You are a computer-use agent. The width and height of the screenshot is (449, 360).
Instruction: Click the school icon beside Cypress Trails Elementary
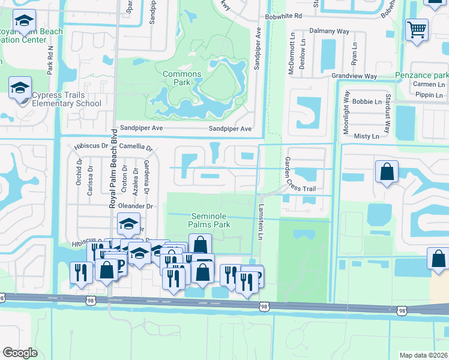point(20,89)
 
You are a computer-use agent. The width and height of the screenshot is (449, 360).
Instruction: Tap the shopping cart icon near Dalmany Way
point(417,29)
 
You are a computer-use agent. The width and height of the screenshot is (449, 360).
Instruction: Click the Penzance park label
point(421,76)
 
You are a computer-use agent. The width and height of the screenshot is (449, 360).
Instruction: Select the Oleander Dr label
point(134,206)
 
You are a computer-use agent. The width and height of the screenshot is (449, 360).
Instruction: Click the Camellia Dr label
point(136,146)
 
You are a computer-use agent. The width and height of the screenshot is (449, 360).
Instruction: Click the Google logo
point(20,353)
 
